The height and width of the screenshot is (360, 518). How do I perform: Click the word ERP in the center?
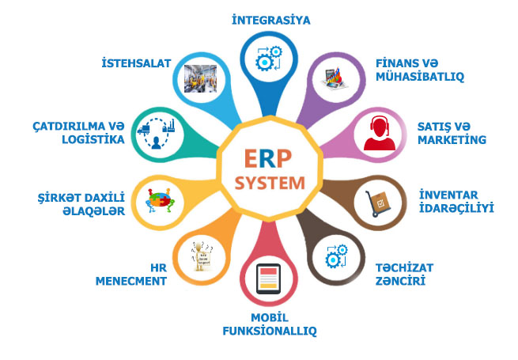pos(268,159)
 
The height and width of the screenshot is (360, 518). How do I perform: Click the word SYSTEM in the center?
pos(270,183)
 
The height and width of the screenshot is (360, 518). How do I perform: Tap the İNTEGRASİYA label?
pos(271,20)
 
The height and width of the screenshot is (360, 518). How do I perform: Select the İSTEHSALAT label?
pos(136,63)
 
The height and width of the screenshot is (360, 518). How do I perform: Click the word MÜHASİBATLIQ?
pos(420,77)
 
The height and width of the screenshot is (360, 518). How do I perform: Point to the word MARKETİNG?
pos(452,139)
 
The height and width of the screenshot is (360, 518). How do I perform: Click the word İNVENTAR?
pos(448,195)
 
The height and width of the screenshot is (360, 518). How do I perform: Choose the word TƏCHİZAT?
pos(404,267)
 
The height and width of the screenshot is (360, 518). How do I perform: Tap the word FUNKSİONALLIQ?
pos(270,331)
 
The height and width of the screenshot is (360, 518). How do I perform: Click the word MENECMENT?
pos(131,281)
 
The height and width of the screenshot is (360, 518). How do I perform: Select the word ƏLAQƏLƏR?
pos(94,211)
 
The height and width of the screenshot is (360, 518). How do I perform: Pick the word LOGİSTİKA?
pos(93,139)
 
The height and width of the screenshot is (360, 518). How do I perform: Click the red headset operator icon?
pos(380,133)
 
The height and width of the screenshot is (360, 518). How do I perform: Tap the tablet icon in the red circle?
pos(268,279)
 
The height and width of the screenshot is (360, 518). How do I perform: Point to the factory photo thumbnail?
pos(201,78)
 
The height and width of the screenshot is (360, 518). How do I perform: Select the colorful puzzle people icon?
pos(161,200)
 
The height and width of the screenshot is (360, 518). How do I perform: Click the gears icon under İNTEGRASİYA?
pos(269,59)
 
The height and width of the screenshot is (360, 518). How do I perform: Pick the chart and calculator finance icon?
pos(335,78)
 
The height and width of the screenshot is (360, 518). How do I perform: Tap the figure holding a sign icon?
pos(202,256)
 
